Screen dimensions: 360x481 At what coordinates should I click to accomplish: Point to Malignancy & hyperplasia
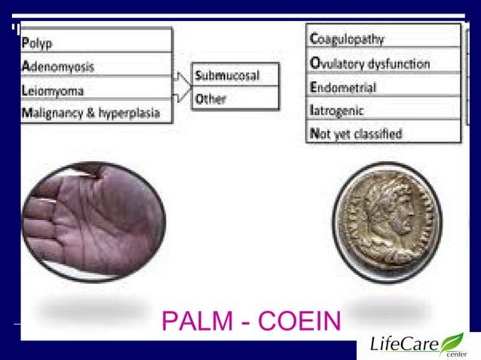pyautogui.click(x=90, y=113)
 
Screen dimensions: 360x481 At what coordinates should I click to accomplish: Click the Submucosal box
pyautogui.click(x=234, y=75)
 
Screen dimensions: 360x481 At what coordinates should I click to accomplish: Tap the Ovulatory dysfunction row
pyautogui.click(x=370, y=63)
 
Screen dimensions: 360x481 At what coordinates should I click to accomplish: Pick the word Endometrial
pyautogui.click(x=343, y=87)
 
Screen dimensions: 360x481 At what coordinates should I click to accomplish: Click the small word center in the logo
pyautogui.click(x=455, y=354)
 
